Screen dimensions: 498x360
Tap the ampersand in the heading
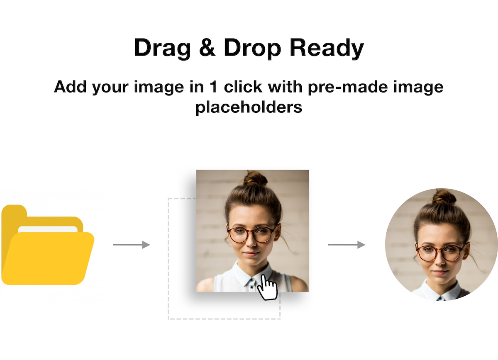point(207,47)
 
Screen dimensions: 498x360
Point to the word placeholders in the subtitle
point(249,107)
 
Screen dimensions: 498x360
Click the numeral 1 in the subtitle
point(213,87)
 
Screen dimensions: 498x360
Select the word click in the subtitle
point(243,86)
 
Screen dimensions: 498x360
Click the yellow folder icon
point(48,245)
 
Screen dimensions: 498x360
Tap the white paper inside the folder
point(48,229)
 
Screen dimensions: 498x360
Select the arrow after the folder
point(132,245)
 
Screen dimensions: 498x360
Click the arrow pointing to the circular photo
point(347,245)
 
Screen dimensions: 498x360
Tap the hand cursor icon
point(267,287)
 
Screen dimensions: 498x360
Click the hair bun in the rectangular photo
point(255,179)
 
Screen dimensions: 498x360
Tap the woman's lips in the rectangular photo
point(251,254)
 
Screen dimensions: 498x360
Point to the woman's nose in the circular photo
point(440,260)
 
